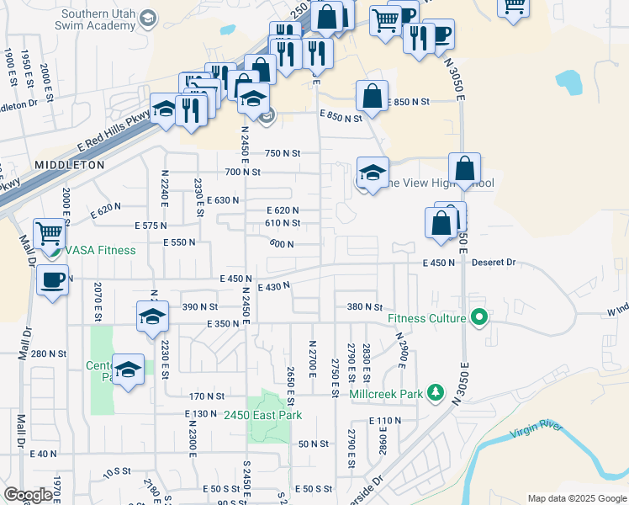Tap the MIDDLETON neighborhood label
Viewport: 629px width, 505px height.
70,164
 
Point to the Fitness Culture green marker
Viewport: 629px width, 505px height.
479,319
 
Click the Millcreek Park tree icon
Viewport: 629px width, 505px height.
435,392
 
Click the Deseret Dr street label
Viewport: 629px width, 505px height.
494,263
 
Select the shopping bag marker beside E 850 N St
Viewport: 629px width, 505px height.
372,96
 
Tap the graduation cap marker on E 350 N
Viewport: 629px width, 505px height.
151,317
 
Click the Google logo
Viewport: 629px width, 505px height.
29,495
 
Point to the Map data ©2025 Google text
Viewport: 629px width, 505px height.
576,498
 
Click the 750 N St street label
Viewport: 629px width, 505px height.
283,153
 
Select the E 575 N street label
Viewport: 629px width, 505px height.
151,226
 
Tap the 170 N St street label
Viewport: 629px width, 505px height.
207,396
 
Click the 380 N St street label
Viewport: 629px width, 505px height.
366,307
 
